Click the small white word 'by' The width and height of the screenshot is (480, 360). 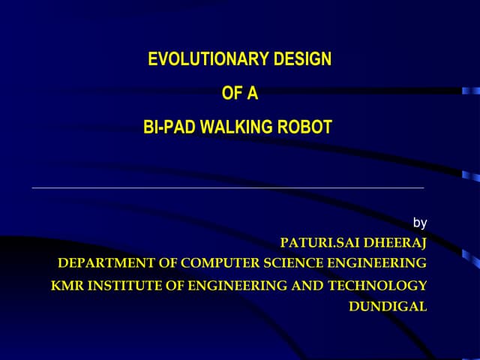pyautogui.click(x=420, y=223)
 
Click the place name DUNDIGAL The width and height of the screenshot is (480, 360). pyautogui.click(x=388, y=306)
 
